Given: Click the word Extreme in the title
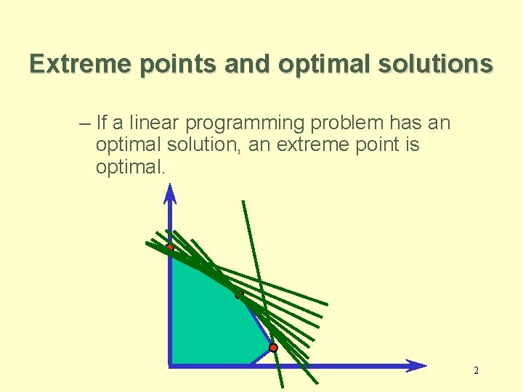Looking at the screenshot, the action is click(x=80, y=63).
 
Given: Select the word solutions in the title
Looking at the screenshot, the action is click(x=435, y=63).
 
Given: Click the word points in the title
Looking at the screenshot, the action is click(x=178, y=65).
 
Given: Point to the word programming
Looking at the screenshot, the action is click(x=245, y=123).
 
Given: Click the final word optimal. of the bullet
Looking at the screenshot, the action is click(x=131, y=168).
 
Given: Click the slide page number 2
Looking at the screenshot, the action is click(x=476, y=371).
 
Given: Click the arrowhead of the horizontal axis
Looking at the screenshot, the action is click(x=416, y=366).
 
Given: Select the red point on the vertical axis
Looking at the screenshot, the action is click(x=170, y=248).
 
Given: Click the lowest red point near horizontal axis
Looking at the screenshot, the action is click(x=273, y=348).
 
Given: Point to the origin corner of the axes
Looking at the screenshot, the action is click(x=170, y=366).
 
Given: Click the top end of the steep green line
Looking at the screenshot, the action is click(x=243, y=201).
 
